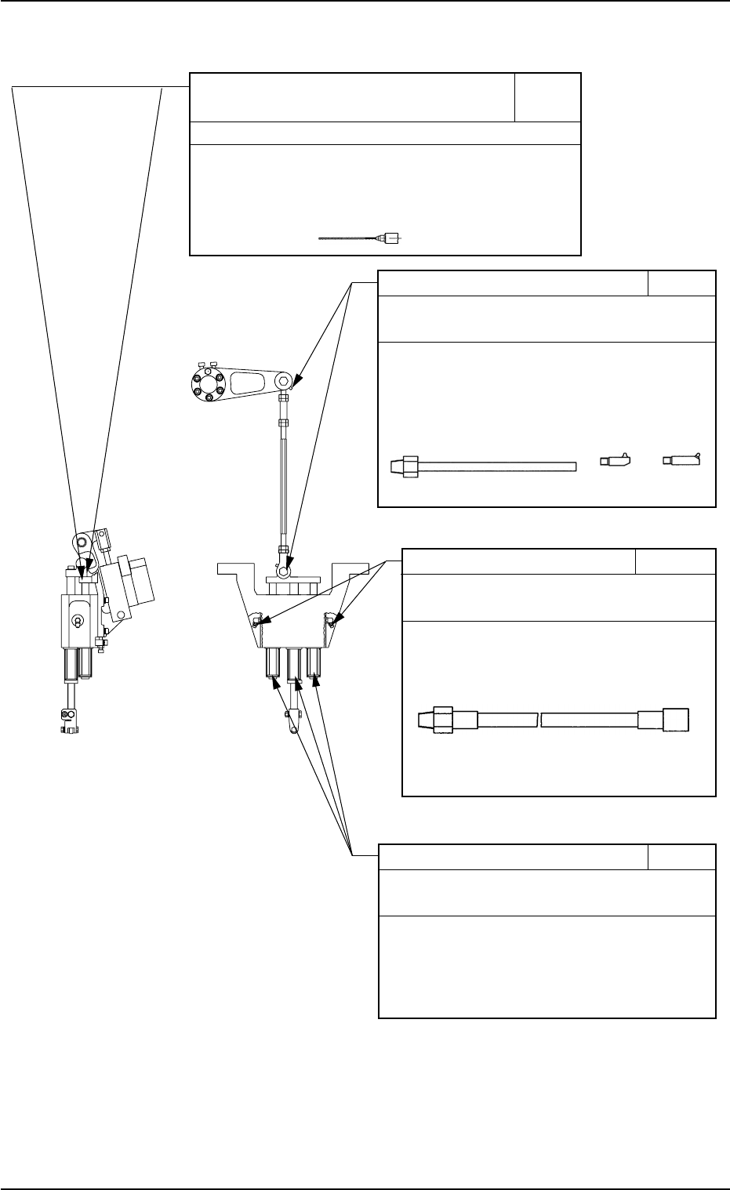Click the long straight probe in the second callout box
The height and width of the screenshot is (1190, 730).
coord(483,467)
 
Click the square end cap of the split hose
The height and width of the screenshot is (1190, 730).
coord(676,720)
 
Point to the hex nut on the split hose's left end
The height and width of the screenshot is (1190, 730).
coord(444,720)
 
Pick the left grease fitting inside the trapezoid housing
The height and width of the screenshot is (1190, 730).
coord(256,622)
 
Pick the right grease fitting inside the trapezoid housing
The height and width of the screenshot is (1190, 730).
coord(331,622)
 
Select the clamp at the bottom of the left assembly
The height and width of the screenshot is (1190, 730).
coord(68,722)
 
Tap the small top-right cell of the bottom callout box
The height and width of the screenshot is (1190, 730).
coord(681,857)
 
